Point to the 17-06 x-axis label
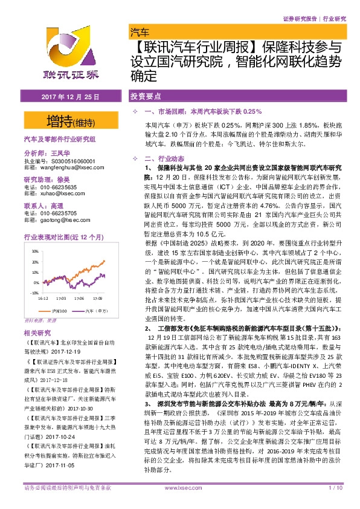coord(79,298)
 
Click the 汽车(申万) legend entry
coord(94,310)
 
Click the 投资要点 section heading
coord(145,97)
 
